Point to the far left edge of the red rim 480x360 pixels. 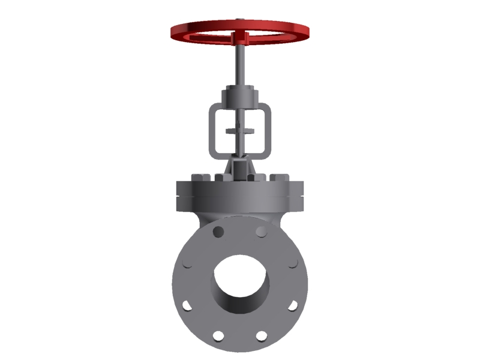(173, 31)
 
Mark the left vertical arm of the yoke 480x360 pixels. (212, 129)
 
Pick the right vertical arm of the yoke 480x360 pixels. (268, 129)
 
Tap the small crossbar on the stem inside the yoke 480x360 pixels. (240, 130)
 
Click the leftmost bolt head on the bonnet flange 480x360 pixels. (199, 178)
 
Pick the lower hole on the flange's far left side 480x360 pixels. (188, 305)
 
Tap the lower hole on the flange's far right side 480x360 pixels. (292, 305)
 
